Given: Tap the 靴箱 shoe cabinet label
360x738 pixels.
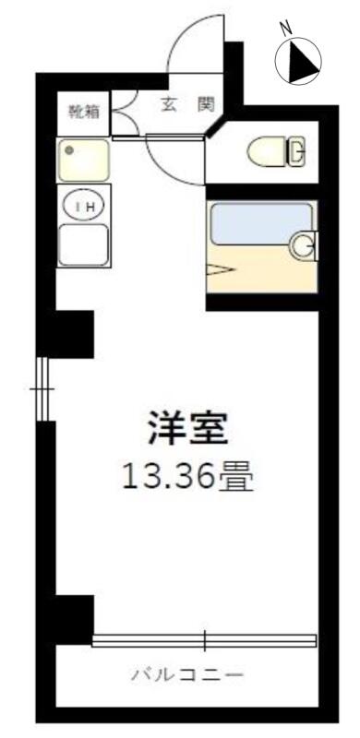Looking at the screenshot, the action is tap(84, 112).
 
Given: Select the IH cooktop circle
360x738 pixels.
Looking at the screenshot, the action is tap(85, 205).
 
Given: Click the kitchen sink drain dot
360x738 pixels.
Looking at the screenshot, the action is tap(70, 150).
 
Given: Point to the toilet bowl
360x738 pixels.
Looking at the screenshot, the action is tap(267, 151).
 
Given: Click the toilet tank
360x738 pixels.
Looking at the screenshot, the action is tap(296, 151).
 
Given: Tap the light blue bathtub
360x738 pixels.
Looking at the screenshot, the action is tap(261, 223).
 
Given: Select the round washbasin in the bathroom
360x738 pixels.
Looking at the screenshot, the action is tap(302, 246).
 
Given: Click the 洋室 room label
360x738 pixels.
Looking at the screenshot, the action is tap(188, 428).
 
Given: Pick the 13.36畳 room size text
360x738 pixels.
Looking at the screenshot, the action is tap(188, 476).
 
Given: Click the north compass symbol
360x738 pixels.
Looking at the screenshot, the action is tap(298, 62).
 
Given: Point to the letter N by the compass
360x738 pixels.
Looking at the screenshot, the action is tap(285, 30).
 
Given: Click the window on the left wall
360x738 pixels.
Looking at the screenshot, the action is tap(42, 388).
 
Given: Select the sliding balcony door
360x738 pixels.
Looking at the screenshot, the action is tap(204, 640).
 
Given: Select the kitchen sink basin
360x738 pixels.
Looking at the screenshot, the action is tap(83, 160).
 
